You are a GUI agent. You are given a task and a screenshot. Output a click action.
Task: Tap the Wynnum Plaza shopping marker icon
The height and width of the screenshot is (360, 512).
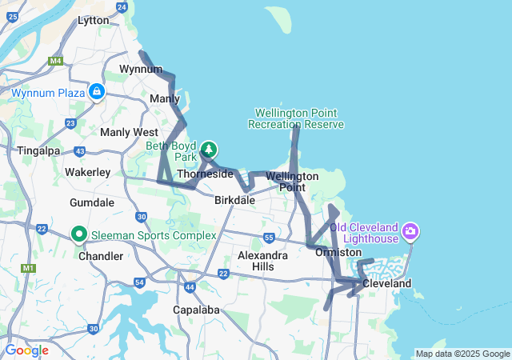(97, 92)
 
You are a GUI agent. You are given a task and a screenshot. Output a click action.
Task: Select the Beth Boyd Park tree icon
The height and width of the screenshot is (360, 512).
(208, 149)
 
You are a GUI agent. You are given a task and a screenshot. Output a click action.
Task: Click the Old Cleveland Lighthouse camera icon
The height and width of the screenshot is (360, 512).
(410, 232)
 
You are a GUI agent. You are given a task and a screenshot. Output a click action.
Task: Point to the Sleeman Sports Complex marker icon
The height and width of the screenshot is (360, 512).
(79, 235)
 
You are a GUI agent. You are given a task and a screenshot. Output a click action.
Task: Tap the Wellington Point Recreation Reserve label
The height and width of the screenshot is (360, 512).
(296, 118)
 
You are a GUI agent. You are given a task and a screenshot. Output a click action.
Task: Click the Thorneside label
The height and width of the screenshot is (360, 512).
(205, 174)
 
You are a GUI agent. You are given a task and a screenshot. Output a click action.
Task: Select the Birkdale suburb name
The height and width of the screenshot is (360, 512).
(234, 201)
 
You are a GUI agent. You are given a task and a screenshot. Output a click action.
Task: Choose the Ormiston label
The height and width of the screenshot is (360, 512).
(338, 252)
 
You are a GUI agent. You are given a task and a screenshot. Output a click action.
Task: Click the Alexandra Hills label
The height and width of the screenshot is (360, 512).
(262, 261)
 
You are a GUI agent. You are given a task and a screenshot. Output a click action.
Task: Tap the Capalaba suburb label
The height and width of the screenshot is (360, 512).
(197, 310)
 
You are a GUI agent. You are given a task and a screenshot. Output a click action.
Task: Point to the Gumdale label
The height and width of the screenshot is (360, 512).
(92, 202)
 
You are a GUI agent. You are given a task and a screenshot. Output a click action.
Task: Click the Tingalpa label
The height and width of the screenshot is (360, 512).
(34, 151)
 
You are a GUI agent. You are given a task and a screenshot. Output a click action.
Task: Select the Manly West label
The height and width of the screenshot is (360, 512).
(129, 131)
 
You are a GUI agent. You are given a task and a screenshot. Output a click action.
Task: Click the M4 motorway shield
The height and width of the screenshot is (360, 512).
(56, 61)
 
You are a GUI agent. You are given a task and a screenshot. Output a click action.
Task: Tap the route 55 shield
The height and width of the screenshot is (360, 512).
(269, 238)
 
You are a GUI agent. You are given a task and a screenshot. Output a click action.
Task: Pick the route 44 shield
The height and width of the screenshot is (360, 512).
(190, 286)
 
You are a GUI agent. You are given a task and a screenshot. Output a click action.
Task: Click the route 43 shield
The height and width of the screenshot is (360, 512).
(79, 151)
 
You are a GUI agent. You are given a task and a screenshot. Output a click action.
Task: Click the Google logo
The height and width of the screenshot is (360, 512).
(26, 350)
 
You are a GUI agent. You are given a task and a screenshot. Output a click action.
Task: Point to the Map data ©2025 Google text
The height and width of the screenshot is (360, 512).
(462, 354)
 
